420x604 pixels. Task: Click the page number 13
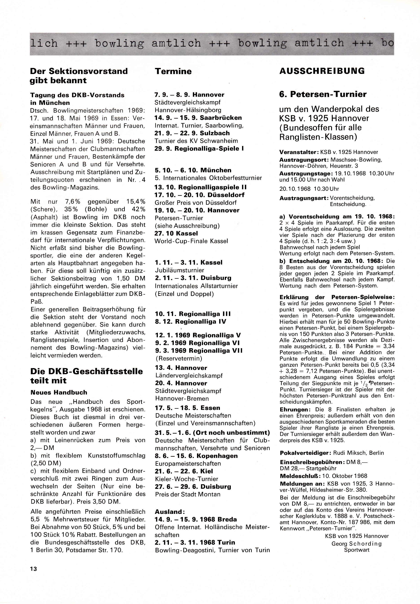tap(34, 568)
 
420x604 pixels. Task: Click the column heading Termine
tap(173, 71)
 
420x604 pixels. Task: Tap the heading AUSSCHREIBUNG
tap(322, 71)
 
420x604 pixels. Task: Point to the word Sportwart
tap(357, 550)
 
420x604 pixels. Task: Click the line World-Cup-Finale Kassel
tap(191, 241)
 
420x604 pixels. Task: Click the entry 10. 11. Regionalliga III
tap(193, 314)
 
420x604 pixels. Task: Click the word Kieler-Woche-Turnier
tap(186, 479)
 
